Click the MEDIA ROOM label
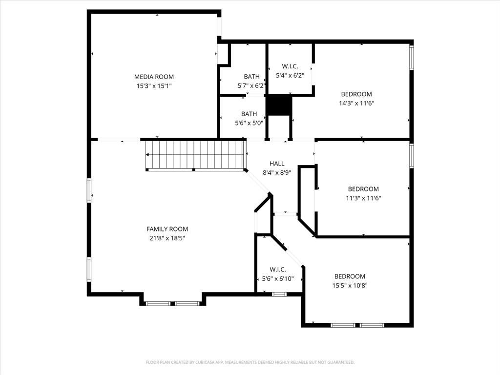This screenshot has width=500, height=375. point(154,77)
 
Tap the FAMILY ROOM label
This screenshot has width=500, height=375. point(167,229)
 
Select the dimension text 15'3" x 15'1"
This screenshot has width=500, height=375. point(154,86)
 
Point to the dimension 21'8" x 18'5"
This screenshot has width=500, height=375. point(167,238)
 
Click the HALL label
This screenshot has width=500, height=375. point(277,164)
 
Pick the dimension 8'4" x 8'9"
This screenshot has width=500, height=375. point(277,172)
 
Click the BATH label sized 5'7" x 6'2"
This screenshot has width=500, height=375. point(251,77)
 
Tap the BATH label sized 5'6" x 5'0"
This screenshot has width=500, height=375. point(249,114)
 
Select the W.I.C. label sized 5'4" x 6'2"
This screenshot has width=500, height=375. point(290,66)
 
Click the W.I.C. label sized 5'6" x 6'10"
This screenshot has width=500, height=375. point(278,270)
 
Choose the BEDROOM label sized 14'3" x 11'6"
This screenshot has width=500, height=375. point(356,94)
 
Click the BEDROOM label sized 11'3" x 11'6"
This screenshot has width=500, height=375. point(363,189)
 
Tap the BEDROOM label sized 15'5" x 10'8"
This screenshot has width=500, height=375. point(350,276)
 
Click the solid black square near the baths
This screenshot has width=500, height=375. point(278,105)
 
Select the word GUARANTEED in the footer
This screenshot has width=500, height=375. point(338,362)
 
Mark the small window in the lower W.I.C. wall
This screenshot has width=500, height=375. point(279,294)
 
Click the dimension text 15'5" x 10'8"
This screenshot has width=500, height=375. point(350,285)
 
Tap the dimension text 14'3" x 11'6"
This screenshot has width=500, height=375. point(356,104)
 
